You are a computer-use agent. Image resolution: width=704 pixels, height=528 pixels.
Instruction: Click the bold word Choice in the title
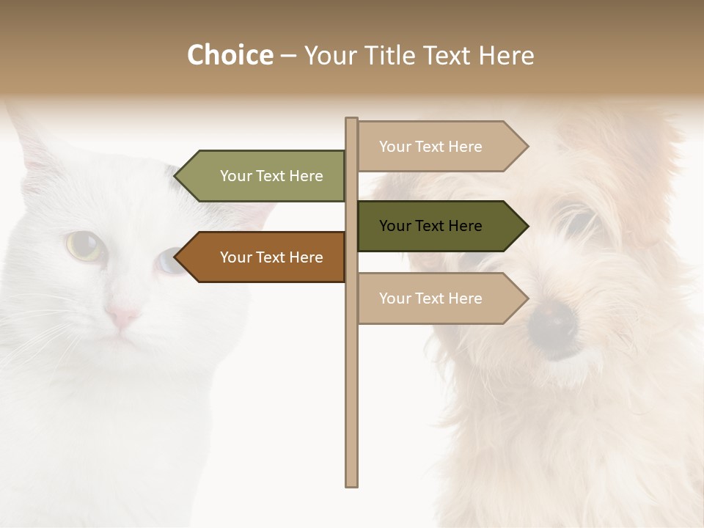click(x=230, y=55)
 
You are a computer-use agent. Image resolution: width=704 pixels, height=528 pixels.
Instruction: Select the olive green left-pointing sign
click(x=264, y=176)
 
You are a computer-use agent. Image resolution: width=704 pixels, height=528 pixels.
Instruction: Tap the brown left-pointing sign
click(x=264, y=257)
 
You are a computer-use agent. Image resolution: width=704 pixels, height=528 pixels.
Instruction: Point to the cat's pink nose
click(x=122, y=318)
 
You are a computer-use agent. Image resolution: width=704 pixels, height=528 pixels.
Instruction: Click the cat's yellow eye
click(x=84, y=245)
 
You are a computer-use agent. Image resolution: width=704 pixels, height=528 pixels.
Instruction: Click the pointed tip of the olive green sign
click(x=176, y=176)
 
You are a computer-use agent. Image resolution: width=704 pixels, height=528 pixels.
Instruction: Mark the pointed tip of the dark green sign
click(x=527, y=226)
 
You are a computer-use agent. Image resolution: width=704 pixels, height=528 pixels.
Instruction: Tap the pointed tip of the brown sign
click(x=176, y=257)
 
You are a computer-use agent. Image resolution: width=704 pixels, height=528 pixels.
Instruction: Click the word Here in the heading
click(x=506, y=56)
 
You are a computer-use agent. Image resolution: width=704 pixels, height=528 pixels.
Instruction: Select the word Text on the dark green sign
click(x=430, y=226)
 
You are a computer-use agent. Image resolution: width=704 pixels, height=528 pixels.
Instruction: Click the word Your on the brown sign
click(x=235, y=257)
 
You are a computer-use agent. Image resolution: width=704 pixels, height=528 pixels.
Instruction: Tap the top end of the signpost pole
click(x=352, y=120)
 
